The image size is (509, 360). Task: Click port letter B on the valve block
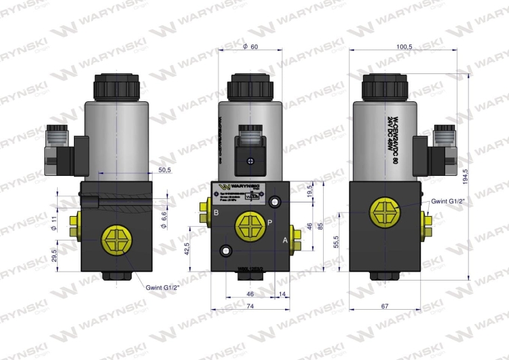point(216,213)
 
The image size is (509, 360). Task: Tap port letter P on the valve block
point(269,222)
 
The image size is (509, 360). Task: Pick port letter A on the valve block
point(285,240)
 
